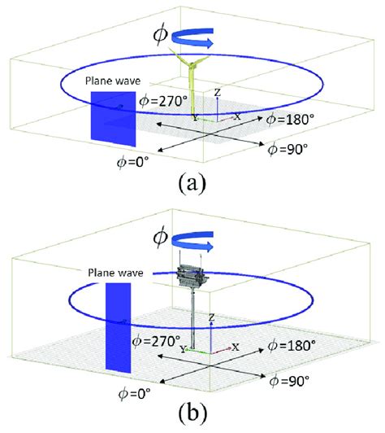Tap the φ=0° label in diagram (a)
coord(135,160)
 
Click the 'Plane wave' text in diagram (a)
coord(111,81)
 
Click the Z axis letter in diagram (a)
coord(217,93)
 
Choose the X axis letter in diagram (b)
coord(235,347)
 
